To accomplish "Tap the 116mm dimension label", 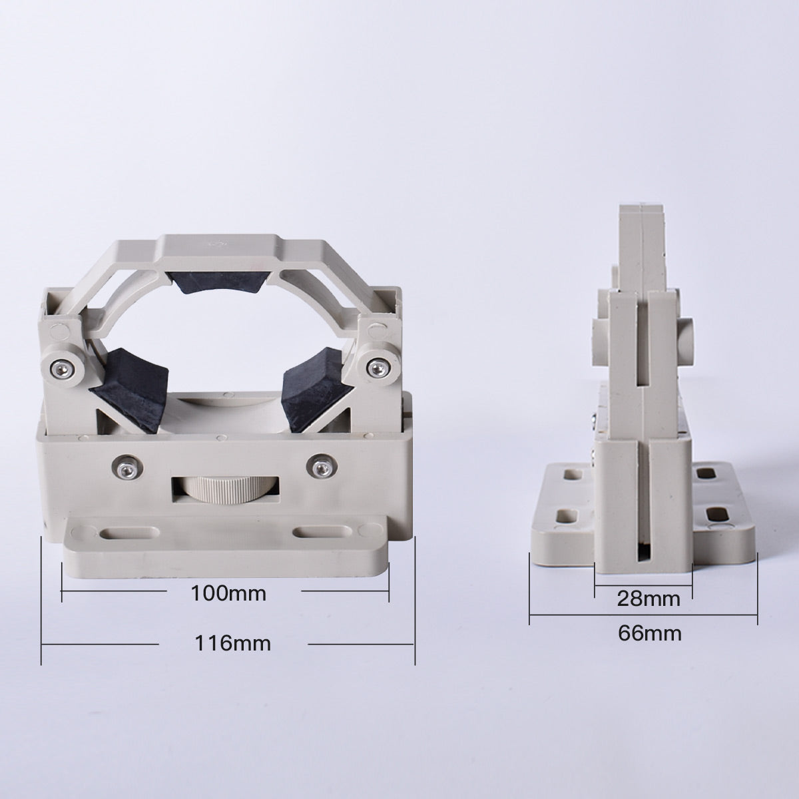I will coord(232,644).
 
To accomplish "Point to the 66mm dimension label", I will coord(649,633).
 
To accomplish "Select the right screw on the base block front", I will coord(322,465).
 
